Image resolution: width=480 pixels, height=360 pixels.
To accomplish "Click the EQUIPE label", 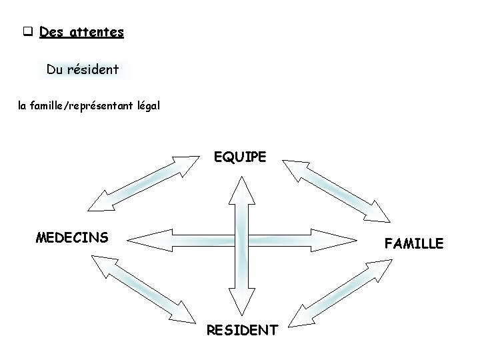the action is [240, 157].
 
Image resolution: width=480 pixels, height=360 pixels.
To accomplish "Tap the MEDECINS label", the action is [71, 237].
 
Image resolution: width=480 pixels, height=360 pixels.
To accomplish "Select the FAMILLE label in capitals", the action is [413, 245].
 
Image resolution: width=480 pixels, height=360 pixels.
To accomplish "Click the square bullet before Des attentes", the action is [28, 31].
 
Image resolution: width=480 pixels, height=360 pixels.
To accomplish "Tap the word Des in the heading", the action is [50, 31].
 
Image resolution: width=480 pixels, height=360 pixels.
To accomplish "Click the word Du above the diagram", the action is [55, 69].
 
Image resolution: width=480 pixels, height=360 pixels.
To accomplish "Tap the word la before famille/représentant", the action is [23, 105].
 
